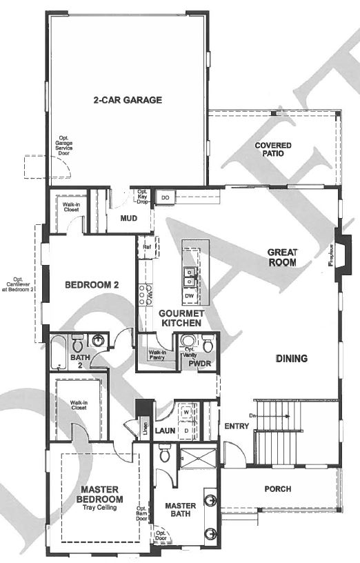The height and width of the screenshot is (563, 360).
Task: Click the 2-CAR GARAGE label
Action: (128, 100)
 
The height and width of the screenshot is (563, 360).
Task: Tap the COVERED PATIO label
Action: (273, 150)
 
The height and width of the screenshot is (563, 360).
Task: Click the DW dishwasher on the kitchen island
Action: (189, 297)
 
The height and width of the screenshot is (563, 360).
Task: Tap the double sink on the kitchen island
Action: (190, 278)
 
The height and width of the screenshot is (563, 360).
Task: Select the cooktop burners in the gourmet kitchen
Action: (146, 295)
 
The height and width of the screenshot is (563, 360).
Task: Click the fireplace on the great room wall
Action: (342, 251)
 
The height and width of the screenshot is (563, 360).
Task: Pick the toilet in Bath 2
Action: (79, 343)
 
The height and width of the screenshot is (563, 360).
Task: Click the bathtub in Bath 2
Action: (59, 352)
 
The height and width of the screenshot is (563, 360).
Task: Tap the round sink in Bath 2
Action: (99, 340)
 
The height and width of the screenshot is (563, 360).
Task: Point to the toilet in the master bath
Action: (164, 455)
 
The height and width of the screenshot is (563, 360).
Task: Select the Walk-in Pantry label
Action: (157, 355)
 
